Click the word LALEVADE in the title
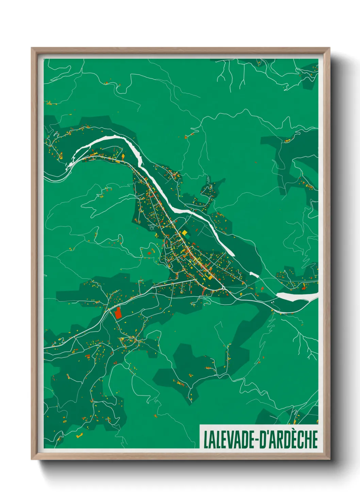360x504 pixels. coord(229,440)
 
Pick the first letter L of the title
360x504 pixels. coord(206,440)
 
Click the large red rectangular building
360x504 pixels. coord(118,313)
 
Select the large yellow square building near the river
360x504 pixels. coord(185,233)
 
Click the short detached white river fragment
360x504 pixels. coord(254,274)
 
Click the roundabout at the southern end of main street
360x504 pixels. coord(223,288)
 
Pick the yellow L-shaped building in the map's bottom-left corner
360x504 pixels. coord(79,435)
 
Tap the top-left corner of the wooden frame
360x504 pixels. coord(32,48)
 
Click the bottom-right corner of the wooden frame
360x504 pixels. coord(329,459)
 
